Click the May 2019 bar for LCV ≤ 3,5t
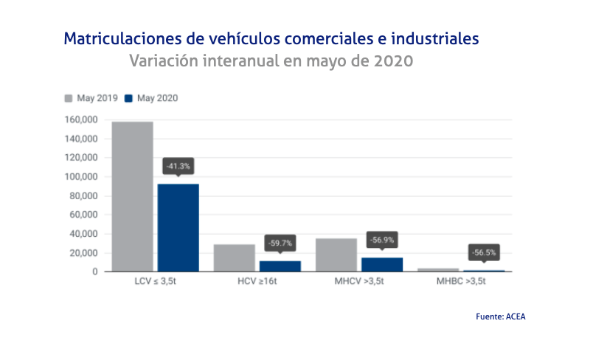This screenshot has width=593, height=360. pyautogui.click(x=132, y=196)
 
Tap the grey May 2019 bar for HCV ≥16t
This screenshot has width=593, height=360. pyautogui.click(x=234, y=257)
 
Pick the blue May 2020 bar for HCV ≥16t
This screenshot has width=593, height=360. pyautogui.click(x=280, y=266)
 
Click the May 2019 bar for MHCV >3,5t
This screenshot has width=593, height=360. pyautogui.click(x=336, y=255)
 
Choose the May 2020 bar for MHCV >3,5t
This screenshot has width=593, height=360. pyautogui.click(x=381, y=264)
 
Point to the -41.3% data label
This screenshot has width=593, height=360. pyautogui.click(x=178, y=166)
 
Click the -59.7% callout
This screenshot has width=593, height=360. pyautogui.click(x=280, y=243)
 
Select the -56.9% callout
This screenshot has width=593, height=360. pyautogui.click(x=382, y=239)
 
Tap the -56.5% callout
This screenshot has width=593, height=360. pyautogui.click(x=484, y=252)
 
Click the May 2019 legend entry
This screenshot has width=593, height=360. pyautogui.click(x=92, y=98)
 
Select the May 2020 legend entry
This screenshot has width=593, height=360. pyautogui.click(x=151, y=98)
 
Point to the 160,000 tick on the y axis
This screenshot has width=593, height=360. pyautogui.click(x=81, y=120)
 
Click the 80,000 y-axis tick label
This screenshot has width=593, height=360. pyautogui.click(x=83, y=196)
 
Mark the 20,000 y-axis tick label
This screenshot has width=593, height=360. pyautogui.click(x=83, y=253)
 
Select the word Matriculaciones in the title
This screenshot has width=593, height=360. pyautogui.click(x=112, y=37)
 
